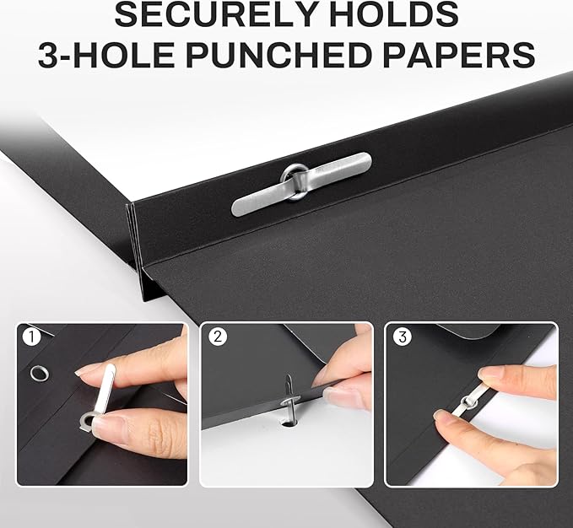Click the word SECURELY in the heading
pyautogui.click(x=214, y=13)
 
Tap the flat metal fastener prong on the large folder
pyautogui.click(x=302, y=184)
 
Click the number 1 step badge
pyautogui.click(x=31, y=337)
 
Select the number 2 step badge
pyautogui.click(x=218, y=337)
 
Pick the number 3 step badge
pyautogui.click(x=403, y=337)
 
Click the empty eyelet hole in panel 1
pyautogui.click(x=39, y=373)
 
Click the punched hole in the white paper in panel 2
pyautogui.click(x=288, y=423)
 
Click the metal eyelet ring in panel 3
pyautogui.click(x=469, y=402)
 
